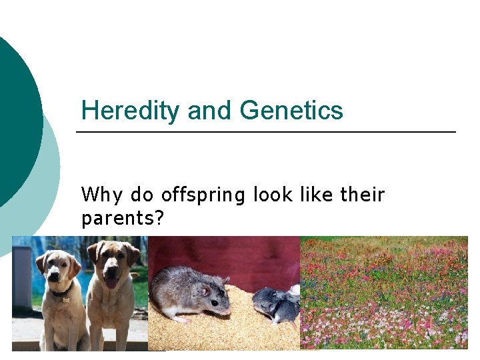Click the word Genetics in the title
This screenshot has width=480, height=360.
click(291, 110)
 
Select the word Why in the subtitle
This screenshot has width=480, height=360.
click(102, 195)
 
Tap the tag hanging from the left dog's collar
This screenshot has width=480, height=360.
click(66, 299)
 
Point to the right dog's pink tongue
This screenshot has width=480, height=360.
click(111, 283)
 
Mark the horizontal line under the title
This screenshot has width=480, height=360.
click(266, 132)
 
